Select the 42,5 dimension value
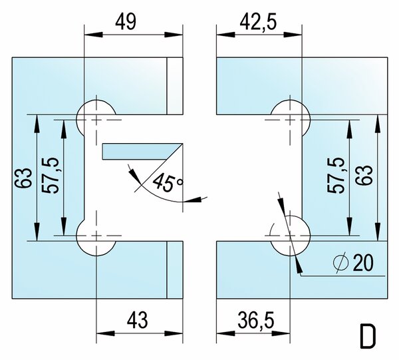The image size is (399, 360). [258, 23]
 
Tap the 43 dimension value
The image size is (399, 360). [137, 320]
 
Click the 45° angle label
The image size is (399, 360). [168, 182]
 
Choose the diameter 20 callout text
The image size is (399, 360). [354, 262]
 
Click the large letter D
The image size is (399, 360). [368, 336]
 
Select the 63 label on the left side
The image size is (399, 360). [24, 178]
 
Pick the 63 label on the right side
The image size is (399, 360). [364, 176]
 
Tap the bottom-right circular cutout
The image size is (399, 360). [291, 236]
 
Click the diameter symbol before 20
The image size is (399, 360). [340, 263]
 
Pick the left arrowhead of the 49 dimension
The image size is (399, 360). [93, 35]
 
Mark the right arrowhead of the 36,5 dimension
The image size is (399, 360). [281, 333]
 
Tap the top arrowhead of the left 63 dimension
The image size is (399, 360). [37, 124]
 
